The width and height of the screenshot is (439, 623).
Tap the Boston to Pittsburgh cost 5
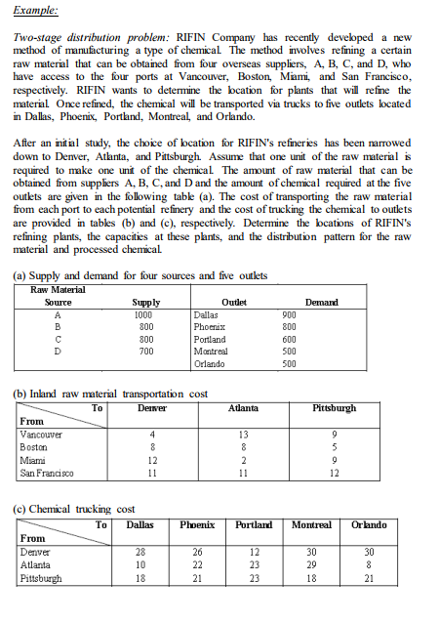335,445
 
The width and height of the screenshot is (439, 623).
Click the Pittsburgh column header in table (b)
335,407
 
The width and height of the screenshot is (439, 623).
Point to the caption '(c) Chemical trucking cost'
73,508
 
